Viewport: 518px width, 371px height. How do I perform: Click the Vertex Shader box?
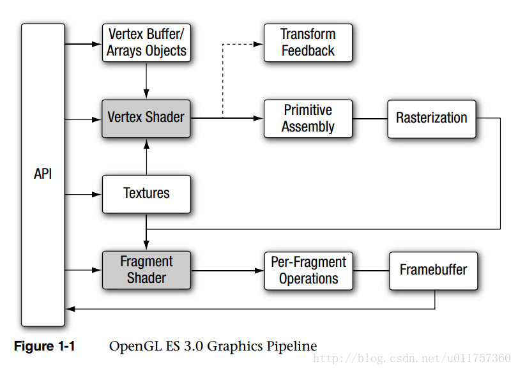[146, 118]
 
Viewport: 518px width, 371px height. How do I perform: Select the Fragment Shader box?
[146, 270]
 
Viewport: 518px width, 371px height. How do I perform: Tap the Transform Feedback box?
[308, 43]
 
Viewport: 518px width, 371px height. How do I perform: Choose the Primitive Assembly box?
[308, 118]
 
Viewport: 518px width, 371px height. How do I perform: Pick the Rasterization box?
[431, 118]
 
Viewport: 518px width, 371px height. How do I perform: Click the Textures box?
[146, 193]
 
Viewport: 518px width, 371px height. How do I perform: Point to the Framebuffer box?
[433, 270]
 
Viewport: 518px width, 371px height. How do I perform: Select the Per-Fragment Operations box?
[308, 270]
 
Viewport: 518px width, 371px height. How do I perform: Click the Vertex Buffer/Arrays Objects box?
[146, 43]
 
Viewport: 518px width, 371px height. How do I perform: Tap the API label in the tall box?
[43, 174]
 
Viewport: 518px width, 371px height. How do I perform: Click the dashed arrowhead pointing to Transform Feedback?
[259, 44]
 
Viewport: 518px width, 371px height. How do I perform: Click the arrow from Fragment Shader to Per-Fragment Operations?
[227, 270]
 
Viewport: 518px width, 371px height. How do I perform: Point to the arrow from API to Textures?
[84, 193]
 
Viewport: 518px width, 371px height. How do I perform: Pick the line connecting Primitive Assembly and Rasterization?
[370, 118]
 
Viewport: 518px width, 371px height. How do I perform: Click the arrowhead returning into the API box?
[70, 309]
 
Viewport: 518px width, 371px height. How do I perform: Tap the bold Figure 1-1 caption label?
[44, 347]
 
